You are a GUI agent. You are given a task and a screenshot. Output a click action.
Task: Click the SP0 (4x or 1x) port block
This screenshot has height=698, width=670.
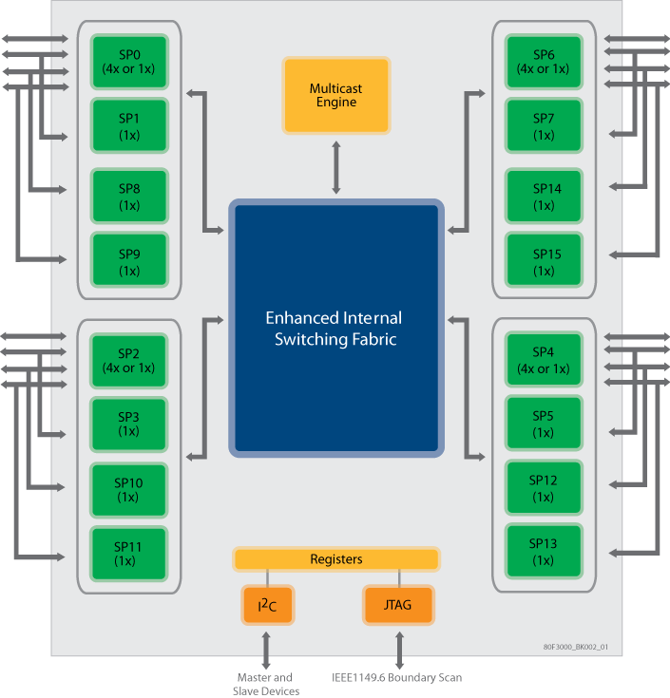tap(128, 62)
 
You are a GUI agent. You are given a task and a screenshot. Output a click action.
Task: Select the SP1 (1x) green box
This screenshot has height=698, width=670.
tap(128, 125)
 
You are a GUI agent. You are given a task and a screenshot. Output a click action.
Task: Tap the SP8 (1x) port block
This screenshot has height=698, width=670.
tap(128, 197)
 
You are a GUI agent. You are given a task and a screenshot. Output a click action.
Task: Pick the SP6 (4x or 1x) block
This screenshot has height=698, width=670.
tap(544, 62)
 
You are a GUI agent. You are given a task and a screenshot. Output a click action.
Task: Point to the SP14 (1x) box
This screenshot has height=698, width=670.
tap(544, 197)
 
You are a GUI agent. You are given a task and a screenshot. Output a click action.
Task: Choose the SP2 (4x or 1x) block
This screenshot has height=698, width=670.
tap(128, 361)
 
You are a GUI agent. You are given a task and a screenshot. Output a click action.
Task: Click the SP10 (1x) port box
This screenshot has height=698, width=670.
tap(128, 490)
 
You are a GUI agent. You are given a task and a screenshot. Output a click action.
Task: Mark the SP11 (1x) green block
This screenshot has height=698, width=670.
tap(128, 554)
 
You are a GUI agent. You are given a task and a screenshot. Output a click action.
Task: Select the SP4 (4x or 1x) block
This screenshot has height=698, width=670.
tap(544, 361)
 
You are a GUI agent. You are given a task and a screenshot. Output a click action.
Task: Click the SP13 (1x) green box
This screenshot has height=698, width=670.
tap(544, 552)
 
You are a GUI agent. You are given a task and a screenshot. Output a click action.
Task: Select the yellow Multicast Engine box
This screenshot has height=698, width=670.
tap(335, 95)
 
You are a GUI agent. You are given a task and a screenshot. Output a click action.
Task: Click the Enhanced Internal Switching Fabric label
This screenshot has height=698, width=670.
tap(334, 329)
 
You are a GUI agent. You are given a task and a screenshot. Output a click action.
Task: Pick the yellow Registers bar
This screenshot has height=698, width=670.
tap(336, 559)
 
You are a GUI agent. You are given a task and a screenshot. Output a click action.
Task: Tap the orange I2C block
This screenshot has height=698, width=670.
tap(267, 604)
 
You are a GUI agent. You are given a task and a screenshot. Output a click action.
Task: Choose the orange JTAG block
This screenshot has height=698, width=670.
tap(399, 604)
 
